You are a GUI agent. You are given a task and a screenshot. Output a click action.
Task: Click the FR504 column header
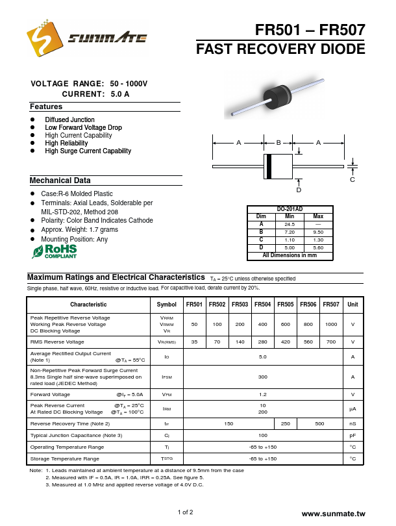pyautogui.click(x=263, y=304)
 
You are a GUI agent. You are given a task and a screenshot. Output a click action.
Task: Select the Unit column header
pyautogui.click(x=353, y=304)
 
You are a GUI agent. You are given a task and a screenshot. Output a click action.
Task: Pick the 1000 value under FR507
pyautogui.click(x=331, y=323)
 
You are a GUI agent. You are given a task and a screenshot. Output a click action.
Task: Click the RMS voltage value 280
pyautogui.click(x=263, y=342)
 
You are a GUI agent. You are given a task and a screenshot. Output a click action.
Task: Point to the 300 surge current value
pyautogui.click(x=263, y=377)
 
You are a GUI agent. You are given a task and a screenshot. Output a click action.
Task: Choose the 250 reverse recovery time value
pyautogui.click(x=286, y=423)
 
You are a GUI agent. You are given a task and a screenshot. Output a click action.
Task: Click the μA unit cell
pyautogui.click(x=353, y=408)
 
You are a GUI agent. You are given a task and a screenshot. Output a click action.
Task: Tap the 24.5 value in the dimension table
pyautogui.click(x=290, y=224)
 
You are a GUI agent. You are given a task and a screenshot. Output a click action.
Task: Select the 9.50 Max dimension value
pyautogui.click(x=318, y=232)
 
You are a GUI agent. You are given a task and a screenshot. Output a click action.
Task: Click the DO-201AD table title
pyautogui.click(x=290, y=208)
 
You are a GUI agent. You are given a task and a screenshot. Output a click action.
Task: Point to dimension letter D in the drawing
pyautogui.click(x=299, y=190)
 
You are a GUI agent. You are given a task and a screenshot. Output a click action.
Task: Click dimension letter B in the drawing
pyautogui.click(x=278, y=142)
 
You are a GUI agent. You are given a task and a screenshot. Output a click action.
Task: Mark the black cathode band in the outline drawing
pyautogui.click(x=267, y=166)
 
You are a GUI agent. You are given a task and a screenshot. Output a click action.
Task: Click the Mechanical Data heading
pyautogui.click(x=60, y=181)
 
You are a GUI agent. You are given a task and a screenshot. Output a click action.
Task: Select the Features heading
pyautogui.click(x=46, y=106)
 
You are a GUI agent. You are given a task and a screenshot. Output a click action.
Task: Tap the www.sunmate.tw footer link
pyautogui.click(x=334, y=513)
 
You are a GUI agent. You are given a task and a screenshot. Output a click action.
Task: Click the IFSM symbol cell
pyautogui.click(x=167, y=377)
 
